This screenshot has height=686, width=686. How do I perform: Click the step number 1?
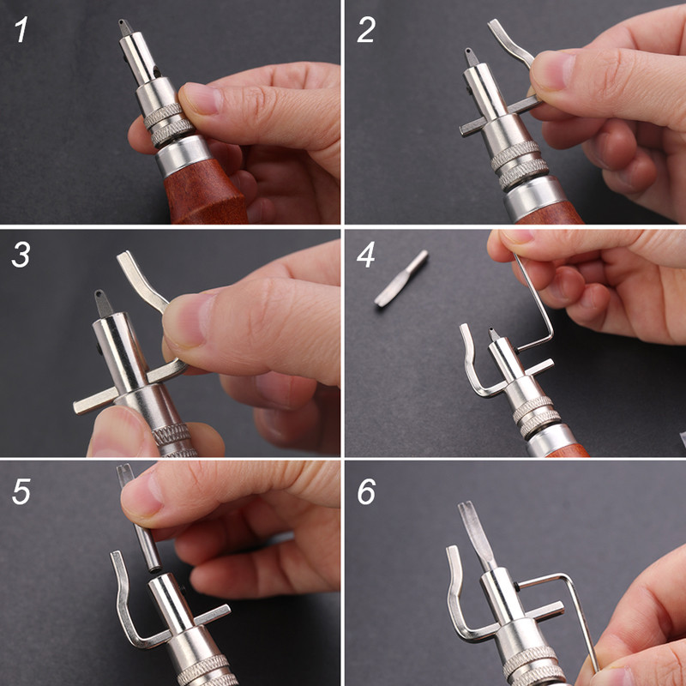[21, 29]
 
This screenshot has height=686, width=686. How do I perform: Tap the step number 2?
[366, 30]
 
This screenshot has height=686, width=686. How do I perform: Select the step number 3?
[21, 255]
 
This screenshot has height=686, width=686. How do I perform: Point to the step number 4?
[366, 255]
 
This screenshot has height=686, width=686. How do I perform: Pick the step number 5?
[21, 491]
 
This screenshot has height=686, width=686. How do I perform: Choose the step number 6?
[366, 491]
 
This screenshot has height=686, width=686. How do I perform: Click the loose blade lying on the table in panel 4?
[401, 278]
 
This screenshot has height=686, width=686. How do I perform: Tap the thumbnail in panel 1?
[201, 98]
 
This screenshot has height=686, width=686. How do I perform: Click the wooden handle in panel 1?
[206, 192]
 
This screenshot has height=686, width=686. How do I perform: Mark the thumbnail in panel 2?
[552, 70]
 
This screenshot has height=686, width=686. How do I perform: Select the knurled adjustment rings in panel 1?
[168, 123]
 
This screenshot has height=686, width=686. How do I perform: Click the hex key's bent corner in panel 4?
[550, 336]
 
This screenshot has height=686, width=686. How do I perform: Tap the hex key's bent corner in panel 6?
[568, 578]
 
